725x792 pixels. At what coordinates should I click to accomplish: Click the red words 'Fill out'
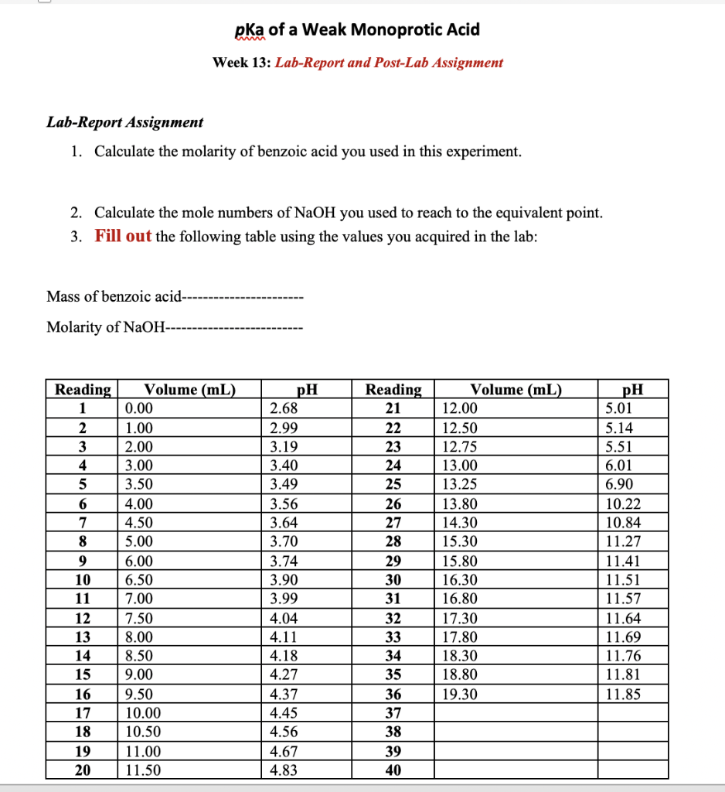pyautogui.click(x=123, y=236)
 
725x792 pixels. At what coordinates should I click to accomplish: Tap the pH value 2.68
pyautogui.click(x=284, y=408)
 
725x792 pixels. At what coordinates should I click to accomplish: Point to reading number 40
pyautogui.click(x=393, y=770)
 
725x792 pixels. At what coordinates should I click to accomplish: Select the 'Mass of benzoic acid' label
pyautogui.click(x=114, y=296)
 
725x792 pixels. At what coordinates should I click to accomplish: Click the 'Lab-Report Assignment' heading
pyautogui.click(x=125, y=122)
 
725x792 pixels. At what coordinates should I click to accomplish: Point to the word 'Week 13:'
pyautogui.click(x=241, y=63)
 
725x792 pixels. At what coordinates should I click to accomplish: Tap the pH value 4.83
pyautogui.click(x=284, y=770)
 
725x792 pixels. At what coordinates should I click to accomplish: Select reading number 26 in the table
pyautogui.click(x=393, y=504)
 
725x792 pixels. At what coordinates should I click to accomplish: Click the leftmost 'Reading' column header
pyautogui.click(x=83, y=390)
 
